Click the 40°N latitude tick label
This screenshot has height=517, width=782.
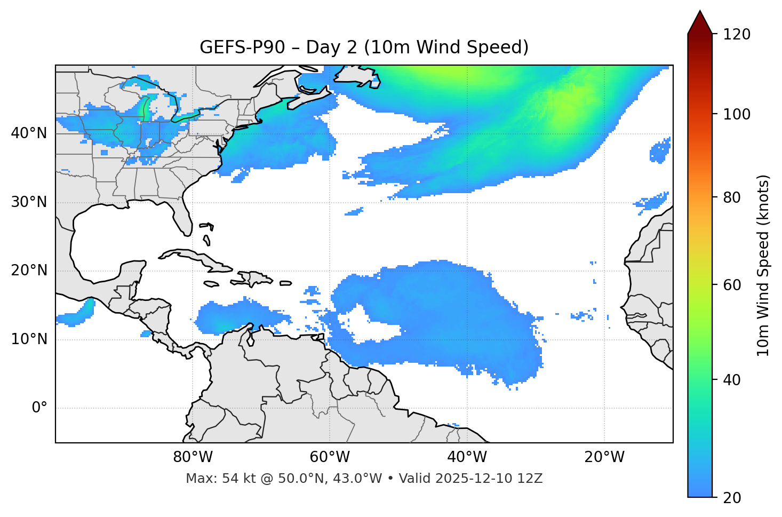tap(29, 133)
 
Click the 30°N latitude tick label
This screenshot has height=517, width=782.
tap(29, 202)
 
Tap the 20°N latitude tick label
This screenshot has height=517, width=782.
tap(29, 271)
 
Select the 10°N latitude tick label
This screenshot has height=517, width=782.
tap(29, 339)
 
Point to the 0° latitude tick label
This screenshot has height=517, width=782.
tap(39, 408)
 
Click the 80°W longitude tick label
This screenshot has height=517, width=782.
tap(193, 457)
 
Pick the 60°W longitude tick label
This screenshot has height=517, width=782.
tap(330, 457)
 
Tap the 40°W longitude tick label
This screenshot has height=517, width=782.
tap(467, 457)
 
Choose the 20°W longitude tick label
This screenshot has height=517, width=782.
tap(604, 457)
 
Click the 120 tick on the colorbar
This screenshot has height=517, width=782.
tap(737, 35)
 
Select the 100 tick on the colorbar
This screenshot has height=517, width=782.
tap(737, 114)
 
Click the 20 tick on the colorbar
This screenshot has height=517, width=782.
tap(732, 498)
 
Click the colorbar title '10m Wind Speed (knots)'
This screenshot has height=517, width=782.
tap(763, 265)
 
